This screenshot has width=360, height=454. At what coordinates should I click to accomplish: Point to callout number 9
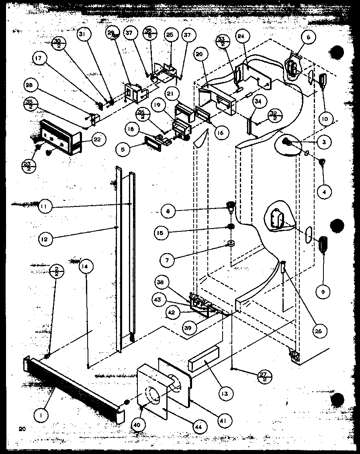[x=323, y=292]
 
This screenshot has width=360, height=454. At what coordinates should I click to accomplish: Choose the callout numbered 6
[x=308, y=38]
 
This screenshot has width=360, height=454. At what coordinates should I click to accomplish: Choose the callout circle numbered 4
[x=323, y=192]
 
